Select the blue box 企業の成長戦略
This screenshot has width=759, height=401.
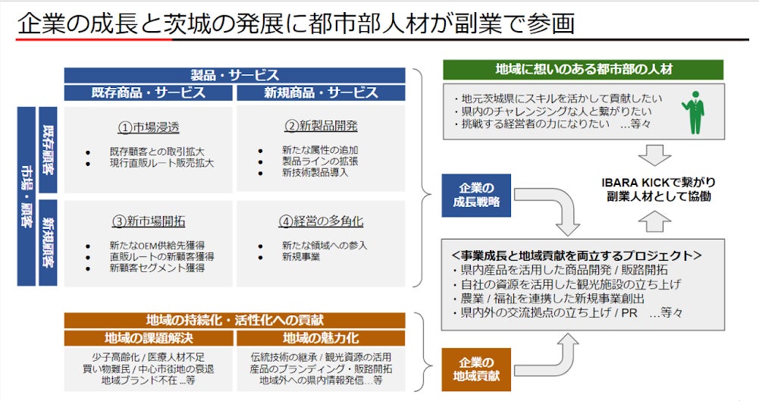pyautogui.click(x=477, y=196)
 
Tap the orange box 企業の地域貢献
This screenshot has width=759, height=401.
pyautogui.click(x=477, y=369)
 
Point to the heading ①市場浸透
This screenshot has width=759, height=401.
pyautogui.click(x=148, y=127)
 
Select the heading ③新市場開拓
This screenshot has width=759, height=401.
pyautogui.click(x=148, y=221)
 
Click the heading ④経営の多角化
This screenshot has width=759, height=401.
pyautogui.click(x=321, y=221)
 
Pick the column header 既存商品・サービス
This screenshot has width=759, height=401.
pyautogui.click(x=149, y=92)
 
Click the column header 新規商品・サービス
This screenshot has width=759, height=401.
pyautogui.click(x=321, y=92)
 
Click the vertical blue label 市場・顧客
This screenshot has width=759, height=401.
pyautogui.click(x=26, y=196)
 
